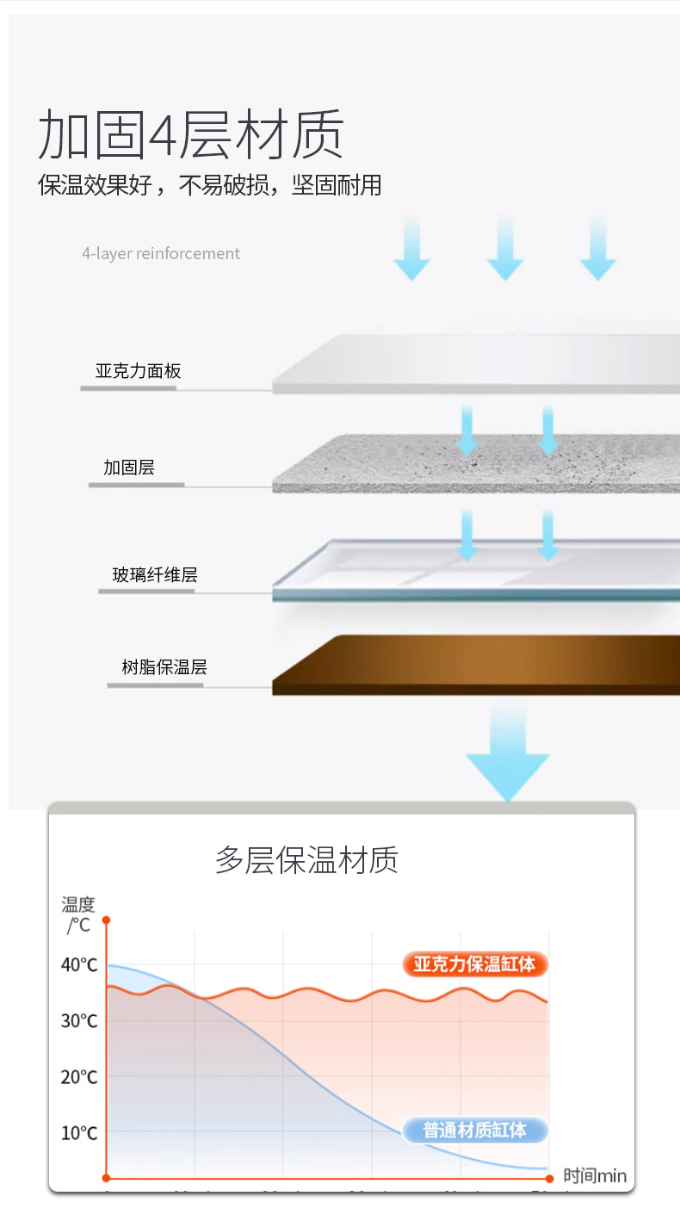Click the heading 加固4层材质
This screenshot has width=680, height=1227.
click(x=191, y=134)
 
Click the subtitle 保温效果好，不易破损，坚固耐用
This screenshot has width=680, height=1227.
click(x=209, y=185)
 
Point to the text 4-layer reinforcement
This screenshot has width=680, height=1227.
click(x=161, y=253)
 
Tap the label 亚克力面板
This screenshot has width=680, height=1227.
click(x=138, y=371)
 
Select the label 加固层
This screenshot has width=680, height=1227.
click(x=129, y=468)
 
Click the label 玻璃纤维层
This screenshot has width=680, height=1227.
click(x=155, y=574)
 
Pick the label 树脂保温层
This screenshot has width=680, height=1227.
click(x=164, y=666)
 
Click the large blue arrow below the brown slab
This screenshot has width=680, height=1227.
click(x=508, y=758)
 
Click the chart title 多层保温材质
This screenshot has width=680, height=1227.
click(x=306, y=860)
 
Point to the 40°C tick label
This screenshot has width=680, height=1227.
click(x=79, y=964)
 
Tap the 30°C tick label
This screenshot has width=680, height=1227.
click(x=79, y=1021)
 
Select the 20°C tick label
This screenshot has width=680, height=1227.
click(x=79, y=1077)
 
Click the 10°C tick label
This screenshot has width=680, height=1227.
click(x=79, y=1133)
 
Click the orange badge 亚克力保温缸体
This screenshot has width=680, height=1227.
click(x=474, y=964)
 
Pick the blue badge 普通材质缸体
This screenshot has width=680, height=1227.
click(x=474, y=1130)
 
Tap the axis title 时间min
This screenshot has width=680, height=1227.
click(x=595, y=1176)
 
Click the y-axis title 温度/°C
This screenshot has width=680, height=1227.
click(x=78, y=914)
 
